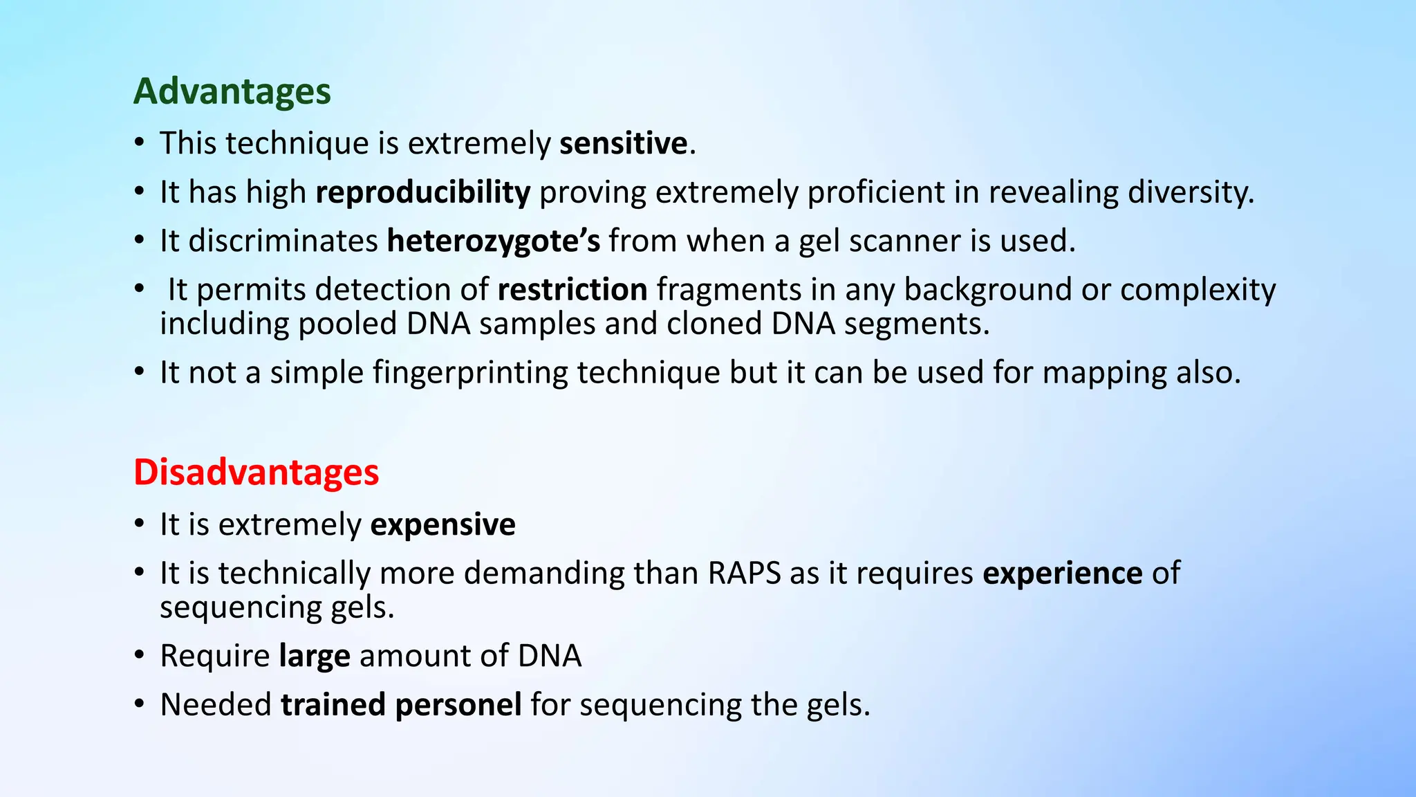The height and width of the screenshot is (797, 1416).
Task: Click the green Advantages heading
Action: point(232,91)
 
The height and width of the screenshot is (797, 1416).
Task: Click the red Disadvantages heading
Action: point(256,473)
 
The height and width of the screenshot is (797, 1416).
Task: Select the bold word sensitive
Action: point(623,143)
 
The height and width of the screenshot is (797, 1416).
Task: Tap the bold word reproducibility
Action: point(422,192)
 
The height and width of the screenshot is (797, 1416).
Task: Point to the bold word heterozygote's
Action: point(493,241)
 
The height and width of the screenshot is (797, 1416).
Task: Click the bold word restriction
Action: point(572,289)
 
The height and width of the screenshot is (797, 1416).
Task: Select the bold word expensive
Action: point(442,524)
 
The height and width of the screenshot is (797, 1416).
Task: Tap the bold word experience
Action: point(1062,573)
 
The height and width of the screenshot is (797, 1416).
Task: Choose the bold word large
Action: point(314,656)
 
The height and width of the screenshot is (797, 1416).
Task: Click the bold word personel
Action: point(458,705)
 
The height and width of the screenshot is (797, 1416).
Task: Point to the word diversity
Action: point(1190,192)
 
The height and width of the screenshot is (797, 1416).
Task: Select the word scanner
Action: point(904,241)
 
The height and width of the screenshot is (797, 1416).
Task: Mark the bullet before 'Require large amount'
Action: point(140,654)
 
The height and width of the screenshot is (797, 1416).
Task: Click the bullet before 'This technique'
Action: point(140,143)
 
